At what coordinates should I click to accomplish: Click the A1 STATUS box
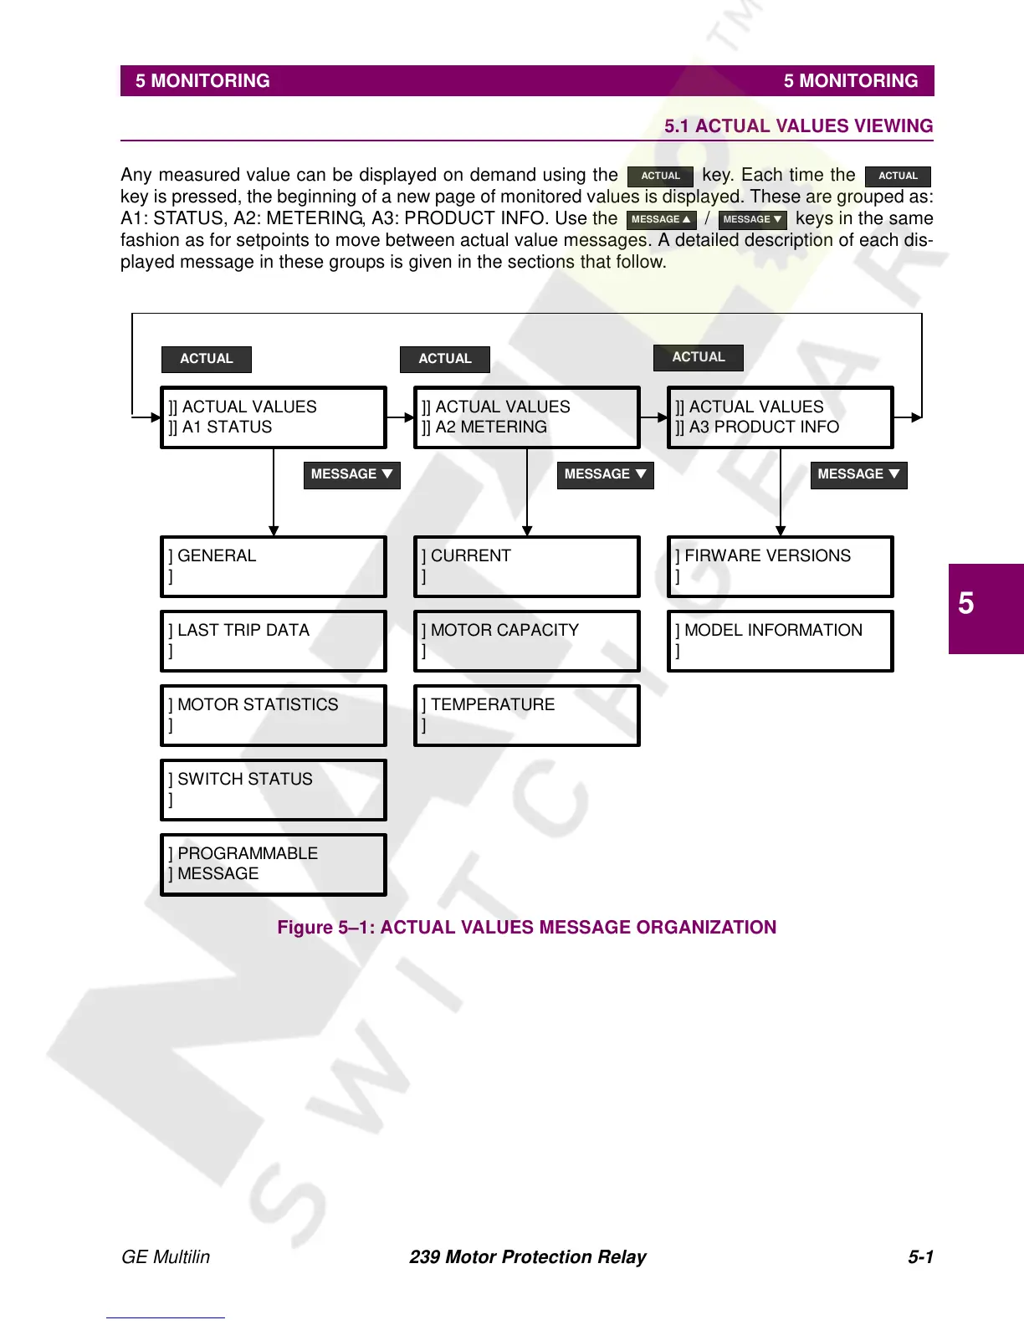(274, 417)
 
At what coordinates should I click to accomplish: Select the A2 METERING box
(527, 417)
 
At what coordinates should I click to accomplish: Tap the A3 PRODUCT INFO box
(781, 417)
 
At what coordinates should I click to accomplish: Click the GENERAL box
(274, 566)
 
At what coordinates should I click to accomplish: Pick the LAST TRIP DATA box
(274, 641)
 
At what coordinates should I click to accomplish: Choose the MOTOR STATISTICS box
(274, 715)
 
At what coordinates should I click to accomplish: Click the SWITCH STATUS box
(274, 790)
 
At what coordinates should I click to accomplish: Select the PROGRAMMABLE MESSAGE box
(274, 864)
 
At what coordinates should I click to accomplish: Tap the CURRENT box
(527, 566)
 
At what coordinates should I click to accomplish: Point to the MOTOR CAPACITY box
(527, 641)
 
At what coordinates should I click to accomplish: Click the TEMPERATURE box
(527, 715)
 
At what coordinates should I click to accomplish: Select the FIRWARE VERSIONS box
(781, 566)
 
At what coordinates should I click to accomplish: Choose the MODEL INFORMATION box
(781, 641)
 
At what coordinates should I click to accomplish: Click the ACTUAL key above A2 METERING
(445, 359)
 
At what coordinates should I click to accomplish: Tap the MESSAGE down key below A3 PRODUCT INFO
(858, 474)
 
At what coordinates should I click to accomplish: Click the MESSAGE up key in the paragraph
(661, 220)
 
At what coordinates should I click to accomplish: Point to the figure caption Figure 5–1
(527, 927)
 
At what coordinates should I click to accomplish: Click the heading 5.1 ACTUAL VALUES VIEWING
(798, 126)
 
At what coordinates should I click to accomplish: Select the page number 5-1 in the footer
(920, 1256)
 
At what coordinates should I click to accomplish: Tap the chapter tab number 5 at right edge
(966, 603)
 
